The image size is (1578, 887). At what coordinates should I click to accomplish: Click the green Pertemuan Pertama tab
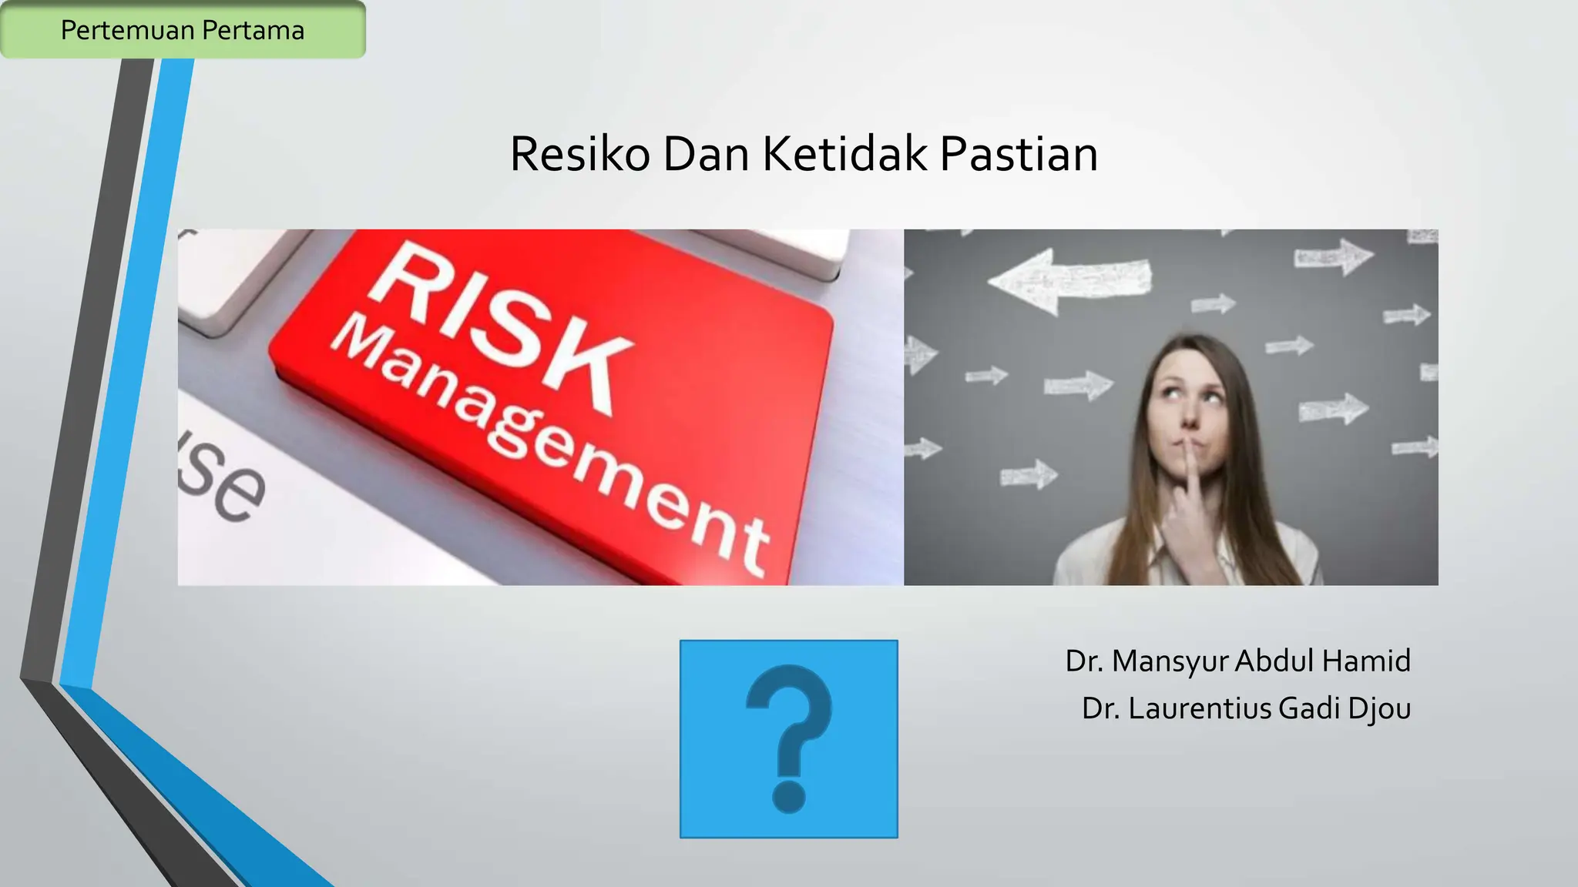183,30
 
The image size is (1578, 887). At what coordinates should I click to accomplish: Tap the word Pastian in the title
1019,154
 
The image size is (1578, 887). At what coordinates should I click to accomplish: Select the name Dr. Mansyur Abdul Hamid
1237,661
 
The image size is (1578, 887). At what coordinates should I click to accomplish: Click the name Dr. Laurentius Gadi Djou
1246,708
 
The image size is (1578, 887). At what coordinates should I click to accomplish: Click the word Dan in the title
706,154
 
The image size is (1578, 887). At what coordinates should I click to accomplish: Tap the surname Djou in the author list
1379,708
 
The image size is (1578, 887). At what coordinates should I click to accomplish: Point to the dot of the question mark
788,797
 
